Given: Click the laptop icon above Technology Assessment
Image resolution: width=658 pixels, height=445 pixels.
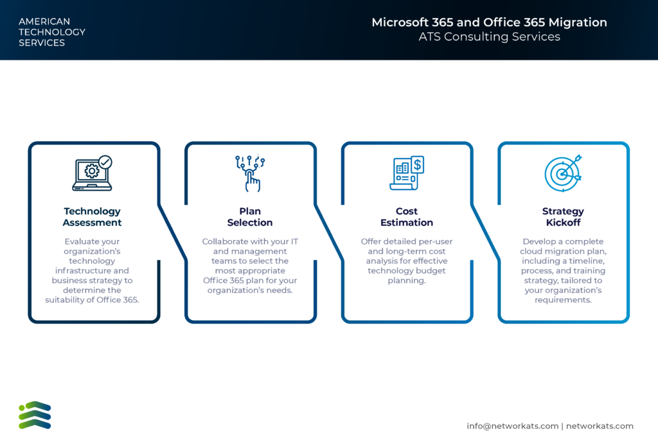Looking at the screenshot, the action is point(92,173).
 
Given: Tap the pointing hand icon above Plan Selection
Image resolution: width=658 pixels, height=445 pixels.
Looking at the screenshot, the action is point(250,173).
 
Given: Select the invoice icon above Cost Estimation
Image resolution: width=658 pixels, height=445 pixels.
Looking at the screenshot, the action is point(407,173).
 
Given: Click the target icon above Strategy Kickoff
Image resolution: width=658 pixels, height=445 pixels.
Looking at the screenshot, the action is point(563,173).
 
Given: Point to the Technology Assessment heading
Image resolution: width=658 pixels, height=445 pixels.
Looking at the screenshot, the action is point(92,217).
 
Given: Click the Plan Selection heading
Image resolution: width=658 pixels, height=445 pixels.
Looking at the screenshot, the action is point(250,217).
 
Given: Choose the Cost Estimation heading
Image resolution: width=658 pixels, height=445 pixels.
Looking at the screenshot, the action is point(407,217).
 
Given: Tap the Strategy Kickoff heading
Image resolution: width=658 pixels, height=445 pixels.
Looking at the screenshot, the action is point(563,217).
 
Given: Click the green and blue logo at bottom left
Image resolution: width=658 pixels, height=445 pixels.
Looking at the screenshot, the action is point(35,415).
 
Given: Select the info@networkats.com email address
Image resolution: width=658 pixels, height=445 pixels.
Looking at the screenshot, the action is point(512,426).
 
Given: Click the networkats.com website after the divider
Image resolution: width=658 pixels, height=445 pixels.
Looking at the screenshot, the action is point(600,426).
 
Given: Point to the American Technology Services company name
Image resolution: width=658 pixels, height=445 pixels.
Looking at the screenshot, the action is point(52,32).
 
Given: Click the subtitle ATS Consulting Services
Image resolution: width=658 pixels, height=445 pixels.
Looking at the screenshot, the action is point(489,37).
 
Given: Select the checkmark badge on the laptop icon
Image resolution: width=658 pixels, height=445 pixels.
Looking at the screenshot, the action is point(105,162).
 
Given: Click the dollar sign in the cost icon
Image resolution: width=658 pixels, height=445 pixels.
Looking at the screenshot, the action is point(418,164).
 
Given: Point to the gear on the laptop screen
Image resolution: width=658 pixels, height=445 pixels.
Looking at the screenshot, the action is point(92,171).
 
